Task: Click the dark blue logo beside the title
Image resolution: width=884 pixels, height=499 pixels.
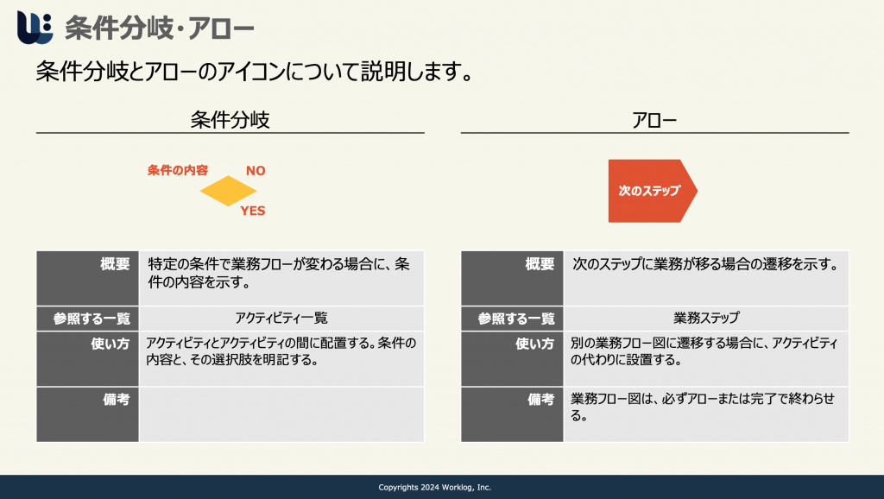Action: click(x=35, y=27)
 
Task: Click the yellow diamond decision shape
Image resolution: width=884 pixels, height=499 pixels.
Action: click(x=228, y=191)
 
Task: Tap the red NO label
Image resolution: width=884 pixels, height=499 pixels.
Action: click(x=256, y=170)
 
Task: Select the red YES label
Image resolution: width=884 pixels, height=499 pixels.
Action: click(x=253, y=211)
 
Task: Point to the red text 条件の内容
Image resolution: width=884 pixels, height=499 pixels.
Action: click(x=178, y=170)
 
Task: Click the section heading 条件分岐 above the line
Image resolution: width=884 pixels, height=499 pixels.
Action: click(x=230, y=119)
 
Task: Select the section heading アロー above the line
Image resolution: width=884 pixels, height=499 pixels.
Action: click(x=654, y=120)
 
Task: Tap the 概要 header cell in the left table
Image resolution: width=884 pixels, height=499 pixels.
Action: click(x=87, y=279)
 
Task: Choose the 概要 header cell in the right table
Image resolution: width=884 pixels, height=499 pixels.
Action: click(x=512, y=279)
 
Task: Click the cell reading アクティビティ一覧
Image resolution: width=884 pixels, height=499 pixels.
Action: click(x=281, y=319)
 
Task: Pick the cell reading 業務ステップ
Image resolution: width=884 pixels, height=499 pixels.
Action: click(x=706, y=319)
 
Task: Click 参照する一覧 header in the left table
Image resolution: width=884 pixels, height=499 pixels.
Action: click(x=87, y=319)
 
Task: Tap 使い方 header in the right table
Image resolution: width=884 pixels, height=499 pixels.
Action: click(x=512, y=358)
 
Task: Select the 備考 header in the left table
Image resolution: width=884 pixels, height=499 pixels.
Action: click(x=87, y=414)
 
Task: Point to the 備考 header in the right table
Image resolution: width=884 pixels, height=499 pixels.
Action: click(x=512, y=414)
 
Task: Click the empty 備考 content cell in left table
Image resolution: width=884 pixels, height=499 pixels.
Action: click(x=281, y=414)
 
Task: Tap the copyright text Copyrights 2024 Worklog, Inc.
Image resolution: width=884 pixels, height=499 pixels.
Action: click(x=435, y=487)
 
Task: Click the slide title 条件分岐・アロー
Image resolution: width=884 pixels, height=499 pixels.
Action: click(x=160, y=28)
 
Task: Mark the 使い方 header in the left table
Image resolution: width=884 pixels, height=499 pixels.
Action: click(x=87, y=358)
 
